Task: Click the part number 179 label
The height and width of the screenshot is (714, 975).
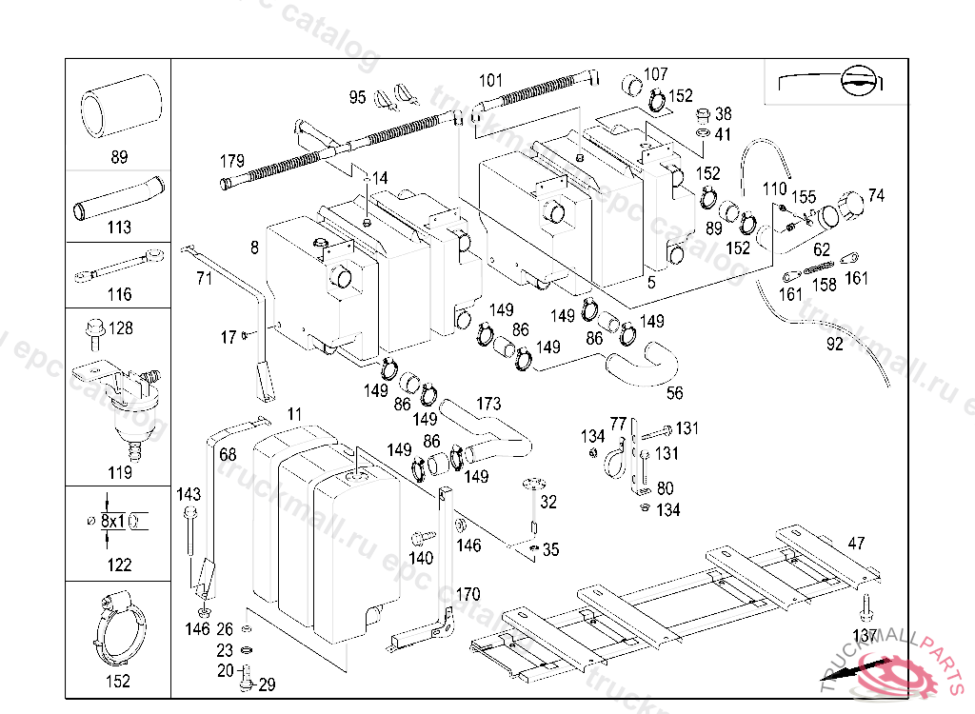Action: (x=231, y=160)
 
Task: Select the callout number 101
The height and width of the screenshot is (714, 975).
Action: (x=490, y=80)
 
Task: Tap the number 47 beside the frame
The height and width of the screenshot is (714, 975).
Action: (x=857, y=544)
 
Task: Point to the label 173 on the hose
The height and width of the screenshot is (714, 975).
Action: (x=487, y=405)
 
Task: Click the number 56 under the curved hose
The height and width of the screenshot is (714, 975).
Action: (x=674, y=392)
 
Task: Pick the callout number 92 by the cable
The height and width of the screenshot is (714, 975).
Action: (x=834, y=345)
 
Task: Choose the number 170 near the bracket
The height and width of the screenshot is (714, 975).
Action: (x=467, y=595)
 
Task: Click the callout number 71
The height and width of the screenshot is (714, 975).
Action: (x=204, y=279)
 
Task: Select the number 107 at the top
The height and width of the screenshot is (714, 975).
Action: (x=656, y=74)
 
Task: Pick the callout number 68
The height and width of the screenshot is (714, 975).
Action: (x=228, y=455)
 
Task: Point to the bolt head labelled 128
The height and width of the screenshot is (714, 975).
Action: (x=93, y=329)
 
